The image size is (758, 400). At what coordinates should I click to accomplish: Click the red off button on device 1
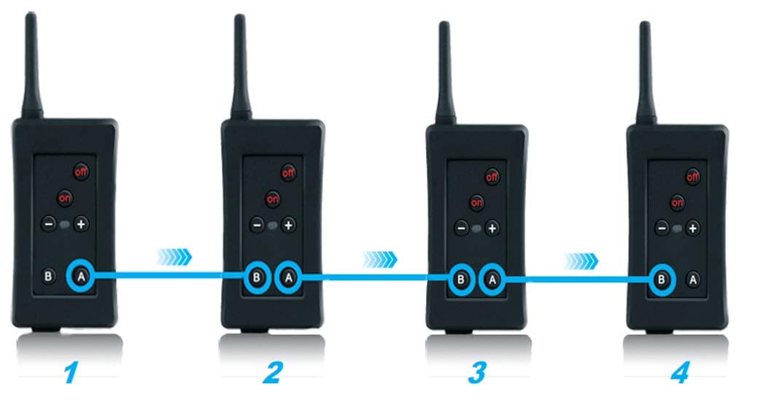point(81,172)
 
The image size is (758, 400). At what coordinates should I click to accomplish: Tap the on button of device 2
point(273,197)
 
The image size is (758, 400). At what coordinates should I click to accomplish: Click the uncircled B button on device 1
point(48,276)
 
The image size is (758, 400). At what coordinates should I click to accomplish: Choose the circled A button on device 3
point(493,278)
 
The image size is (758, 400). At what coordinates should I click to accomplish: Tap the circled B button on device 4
point(661,278)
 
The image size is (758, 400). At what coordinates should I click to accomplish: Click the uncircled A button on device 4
point(693,278)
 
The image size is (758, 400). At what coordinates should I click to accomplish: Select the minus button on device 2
point(256,225)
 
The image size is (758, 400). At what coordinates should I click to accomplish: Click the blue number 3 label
point(476,374)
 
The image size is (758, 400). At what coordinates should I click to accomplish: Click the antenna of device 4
point(644,73)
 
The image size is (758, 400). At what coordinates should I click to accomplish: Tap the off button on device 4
point(693,176)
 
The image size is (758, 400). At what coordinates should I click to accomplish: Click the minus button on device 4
point(662,228)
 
